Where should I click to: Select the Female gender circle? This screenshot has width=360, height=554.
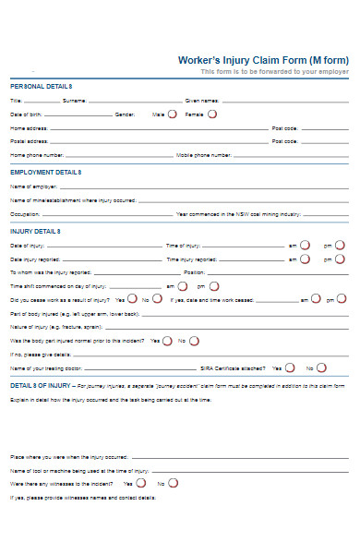coord(212,114)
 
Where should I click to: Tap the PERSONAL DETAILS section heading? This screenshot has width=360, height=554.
coord(41,85)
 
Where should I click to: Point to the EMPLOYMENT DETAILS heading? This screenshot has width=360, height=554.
coord(45,173)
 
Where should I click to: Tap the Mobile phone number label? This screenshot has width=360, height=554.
coord(203,155)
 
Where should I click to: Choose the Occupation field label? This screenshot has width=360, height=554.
coord(25,213)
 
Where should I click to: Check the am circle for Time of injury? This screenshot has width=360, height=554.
coord(305,246)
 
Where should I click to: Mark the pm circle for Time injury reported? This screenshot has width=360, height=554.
coord(341,259)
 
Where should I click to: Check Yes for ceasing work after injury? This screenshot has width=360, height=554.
coord(132,299)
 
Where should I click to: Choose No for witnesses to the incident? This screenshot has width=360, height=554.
coord(173,483)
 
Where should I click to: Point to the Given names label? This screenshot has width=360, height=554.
coord(202,100)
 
